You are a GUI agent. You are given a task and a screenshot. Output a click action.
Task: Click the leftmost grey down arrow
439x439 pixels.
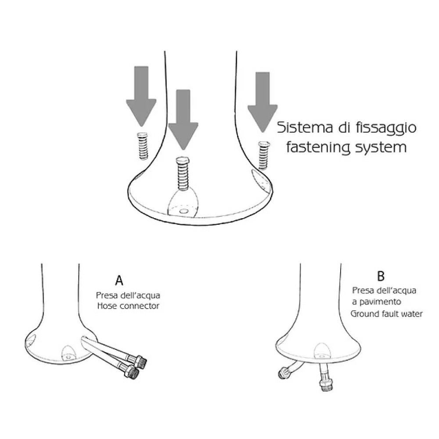coord(141,95)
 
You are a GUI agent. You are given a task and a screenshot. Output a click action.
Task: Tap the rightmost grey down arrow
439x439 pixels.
coord(263,102)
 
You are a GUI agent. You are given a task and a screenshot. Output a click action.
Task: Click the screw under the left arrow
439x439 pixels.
coord(143,146)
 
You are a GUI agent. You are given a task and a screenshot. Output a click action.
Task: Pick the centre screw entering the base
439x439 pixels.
coord(183,173)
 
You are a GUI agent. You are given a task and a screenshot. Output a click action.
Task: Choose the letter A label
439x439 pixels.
coord(119,280)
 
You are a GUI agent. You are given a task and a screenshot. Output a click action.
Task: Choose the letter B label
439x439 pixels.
coord(381,276)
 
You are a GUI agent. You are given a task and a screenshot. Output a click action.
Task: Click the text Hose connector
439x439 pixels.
coord(128,306)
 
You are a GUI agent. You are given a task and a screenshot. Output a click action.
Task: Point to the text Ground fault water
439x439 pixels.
coord(386,314)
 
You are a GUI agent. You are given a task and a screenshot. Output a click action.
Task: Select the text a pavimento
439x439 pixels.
coord(377,302)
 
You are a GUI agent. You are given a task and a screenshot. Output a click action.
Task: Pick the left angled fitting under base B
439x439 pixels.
coord(284,372)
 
